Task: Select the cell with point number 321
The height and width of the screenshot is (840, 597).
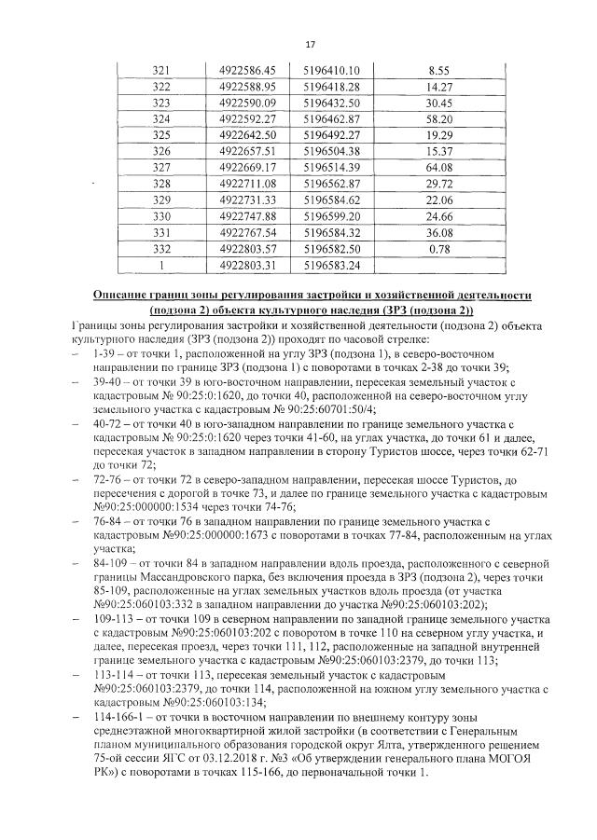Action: tap(162, 70)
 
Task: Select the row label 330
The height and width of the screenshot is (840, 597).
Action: tap(162, 215)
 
